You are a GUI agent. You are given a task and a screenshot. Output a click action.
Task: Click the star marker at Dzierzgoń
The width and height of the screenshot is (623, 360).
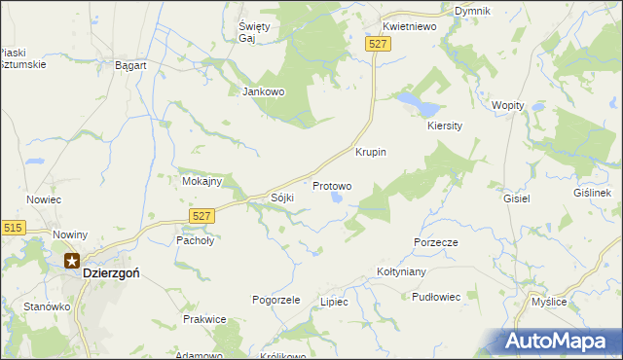click(x=72, y=260)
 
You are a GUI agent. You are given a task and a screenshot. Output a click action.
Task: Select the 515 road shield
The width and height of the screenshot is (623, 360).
click(x=13, y=227)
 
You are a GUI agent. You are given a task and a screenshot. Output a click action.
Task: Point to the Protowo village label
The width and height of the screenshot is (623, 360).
click(x=331, y=185)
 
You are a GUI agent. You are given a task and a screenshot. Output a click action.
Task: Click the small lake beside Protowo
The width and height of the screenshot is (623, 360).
click(x=337, y=198)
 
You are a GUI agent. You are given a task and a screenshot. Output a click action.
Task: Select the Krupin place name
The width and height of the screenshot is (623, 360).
click(x=371, y=153)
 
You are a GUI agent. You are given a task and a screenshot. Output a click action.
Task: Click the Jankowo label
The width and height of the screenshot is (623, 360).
click(x=262, y=92)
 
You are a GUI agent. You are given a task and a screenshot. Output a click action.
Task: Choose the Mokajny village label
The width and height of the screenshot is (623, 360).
click(x=202, y=181)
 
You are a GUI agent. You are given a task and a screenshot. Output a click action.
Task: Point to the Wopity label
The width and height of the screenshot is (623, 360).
click(x=508, y=105)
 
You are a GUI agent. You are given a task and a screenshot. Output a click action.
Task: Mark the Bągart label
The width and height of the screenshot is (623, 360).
click(x=130, y=65)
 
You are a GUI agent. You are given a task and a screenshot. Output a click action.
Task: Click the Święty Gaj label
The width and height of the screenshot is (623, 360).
click(x=253, y=29)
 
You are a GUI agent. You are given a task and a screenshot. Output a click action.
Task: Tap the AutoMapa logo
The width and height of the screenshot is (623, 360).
click(x=559, y=341)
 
